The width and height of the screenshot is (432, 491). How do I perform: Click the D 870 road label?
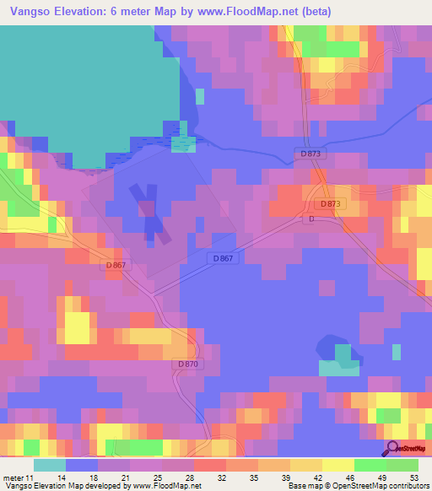point(189,364)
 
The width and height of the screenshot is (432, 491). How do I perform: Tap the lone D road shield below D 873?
point(311,219)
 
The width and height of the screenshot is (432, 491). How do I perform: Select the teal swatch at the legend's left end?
point(50,466)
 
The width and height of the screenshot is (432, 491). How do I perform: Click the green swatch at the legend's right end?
point(402,466)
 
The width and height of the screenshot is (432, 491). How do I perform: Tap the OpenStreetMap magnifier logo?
point(392,447)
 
